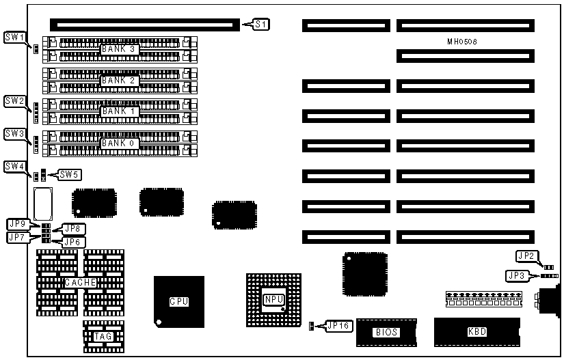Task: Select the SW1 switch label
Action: coord(14,36)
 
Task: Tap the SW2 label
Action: coord(14,100)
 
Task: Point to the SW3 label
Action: coord(14,133)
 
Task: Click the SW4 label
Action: coord(14,166)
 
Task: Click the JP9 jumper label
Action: coord(18,224)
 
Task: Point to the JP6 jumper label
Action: coord(72,241)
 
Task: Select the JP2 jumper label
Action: coord(526,256)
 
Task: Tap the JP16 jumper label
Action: coord(338,326)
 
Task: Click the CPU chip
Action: coord(179,301)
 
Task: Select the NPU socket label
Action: coord(273,299)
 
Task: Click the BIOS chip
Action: coord(386,332)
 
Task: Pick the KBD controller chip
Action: coord(476,331)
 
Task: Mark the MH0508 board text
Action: coord(462,42)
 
